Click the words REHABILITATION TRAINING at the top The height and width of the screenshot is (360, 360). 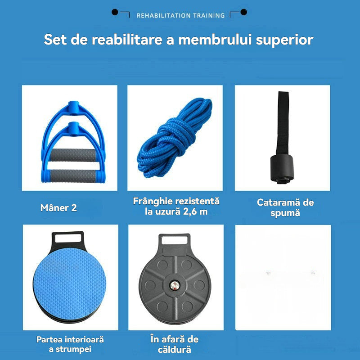[x=180, y=16]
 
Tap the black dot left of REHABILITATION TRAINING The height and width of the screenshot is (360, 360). [x=115, y=12]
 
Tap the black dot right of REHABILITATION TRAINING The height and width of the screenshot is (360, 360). [x=243, y=12]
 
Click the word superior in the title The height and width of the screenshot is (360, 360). [x=284, y=40]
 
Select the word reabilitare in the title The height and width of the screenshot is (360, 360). [x=127, y=40]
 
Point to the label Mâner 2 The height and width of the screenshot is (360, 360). [x=58, y=208]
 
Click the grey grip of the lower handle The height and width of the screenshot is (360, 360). [x=73, y=176]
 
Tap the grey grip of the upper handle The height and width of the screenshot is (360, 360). [x=73, y=155]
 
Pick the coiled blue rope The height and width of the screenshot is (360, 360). [x=175, y=137]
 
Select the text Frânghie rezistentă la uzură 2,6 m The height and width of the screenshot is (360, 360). [x=176, y=206]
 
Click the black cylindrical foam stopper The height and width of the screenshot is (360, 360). [x=282, y=167]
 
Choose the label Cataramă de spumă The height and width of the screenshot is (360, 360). [x=285, y=207]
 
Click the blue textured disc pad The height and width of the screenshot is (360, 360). [x=70, y=284]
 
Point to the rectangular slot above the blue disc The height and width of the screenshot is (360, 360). [x=68, y=238]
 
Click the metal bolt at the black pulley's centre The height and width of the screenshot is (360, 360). [x=175, y=285]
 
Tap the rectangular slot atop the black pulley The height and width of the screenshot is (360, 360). [x=175, y=240]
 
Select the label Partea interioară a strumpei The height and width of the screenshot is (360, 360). [x=70, y=344]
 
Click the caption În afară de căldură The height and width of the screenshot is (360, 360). [x=175, y=344]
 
